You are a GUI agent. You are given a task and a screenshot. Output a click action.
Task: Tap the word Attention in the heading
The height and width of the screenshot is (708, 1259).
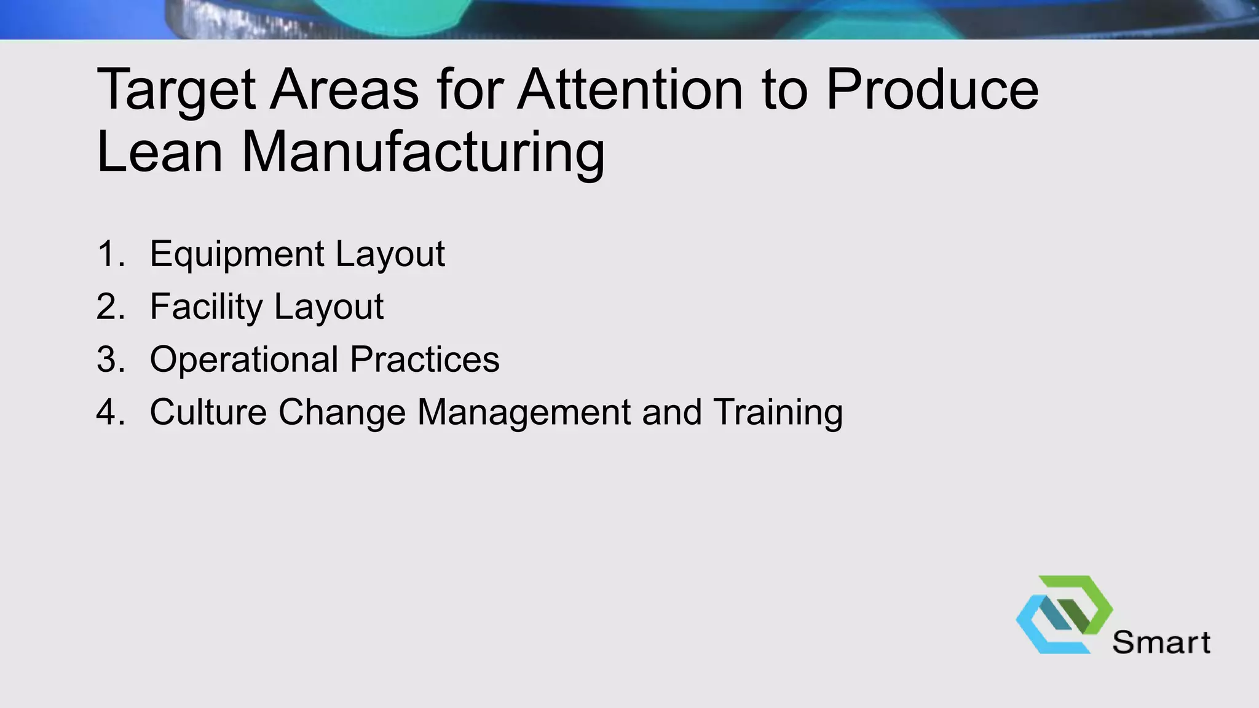[x=630, y=90]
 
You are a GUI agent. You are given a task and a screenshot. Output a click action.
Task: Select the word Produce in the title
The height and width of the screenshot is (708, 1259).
[x=932, y=90]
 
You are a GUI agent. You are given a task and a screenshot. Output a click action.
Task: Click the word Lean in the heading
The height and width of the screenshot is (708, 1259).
[x=159, y=152]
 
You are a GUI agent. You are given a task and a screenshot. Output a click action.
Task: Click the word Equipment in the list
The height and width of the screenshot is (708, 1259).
[x=237, y=254]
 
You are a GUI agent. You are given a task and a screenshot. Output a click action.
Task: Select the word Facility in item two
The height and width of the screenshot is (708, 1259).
[x=206, y=307]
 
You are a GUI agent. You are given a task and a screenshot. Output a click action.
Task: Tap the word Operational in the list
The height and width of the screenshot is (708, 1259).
[x=243, y=360]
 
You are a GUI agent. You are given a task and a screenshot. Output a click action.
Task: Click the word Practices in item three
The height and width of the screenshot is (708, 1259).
[x=424, y=360]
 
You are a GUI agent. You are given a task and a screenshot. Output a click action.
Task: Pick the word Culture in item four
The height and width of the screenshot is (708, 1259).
[x=208, y=412]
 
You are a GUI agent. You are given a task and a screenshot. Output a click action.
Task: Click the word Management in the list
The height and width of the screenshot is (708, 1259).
[x=524, y=412]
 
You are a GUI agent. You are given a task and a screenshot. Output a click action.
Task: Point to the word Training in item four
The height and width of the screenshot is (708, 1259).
[x=778, y=412]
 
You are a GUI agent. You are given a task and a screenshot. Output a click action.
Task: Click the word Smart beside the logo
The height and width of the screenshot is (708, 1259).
[x=1161, y=643]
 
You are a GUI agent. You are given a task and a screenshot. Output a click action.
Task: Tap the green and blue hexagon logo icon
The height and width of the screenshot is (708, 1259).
[x=1064, y=614]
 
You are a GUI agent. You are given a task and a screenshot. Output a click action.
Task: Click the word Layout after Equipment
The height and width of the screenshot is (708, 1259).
[x=390, y=254]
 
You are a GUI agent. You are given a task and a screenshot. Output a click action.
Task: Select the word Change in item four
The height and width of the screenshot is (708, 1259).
[x=342, y=412]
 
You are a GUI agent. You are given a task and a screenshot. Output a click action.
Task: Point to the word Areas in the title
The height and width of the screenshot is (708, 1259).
[x=344, y=90]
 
